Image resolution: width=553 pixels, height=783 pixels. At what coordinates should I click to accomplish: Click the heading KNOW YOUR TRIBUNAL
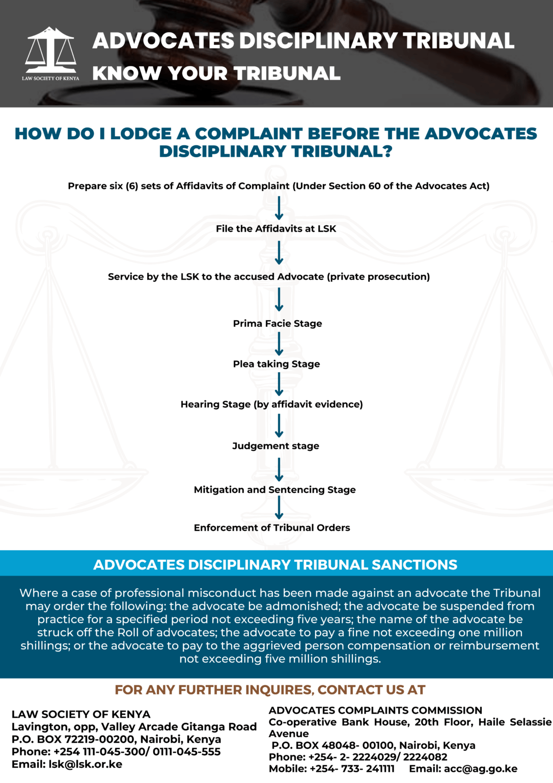(x=216, y=73)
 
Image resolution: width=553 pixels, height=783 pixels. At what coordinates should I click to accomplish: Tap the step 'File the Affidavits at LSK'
(x=276, y=229)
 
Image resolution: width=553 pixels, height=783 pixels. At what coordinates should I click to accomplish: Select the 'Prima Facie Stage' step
(x=278, y=324)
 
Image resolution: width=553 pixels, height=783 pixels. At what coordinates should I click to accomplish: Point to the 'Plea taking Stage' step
(x=276, y=364)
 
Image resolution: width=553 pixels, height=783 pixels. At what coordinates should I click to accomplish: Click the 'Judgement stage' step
(x=275, y=446)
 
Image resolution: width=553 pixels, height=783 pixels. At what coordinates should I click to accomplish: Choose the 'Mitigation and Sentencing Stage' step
(x=274, y=490)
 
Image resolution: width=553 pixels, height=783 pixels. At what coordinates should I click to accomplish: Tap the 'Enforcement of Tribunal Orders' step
(x=272, y=528)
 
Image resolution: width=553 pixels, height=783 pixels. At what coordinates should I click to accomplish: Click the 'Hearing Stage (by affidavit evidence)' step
(x=271, y=405)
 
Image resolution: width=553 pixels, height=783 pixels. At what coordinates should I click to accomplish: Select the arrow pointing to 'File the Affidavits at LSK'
(x=279, y=208)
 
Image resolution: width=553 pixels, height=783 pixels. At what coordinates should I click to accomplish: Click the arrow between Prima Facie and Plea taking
(x=279, y=344)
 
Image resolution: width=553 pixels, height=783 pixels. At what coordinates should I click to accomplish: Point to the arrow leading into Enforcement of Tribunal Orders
(x=279, y=508)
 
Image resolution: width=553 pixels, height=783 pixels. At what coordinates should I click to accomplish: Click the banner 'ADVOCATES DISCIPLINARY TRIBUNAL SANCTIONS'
(x=275, y=565)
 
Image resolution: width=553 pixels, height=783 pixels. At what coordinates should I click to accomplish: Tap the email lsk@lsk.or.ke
(x=85, y=764)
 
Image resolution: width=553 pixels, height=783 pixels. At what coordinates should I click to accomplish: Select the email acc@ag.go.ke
(x=480, y=769)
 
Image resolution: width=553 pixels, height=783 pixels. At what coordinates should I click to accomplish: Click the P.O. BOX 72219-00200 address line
(x=116, y=739)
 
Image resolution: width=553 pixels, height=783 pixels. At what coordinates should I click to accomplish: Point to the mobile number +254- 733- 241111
(x=352, y=769)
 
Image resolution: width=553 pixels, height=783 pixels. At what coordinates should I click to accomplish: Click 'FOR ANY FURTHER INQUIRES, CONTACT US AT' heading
(x=270, y=690)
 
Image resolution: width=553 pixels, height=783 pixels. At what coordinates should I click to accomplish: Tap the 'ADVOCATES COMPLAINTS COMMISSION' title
(x=375, y=711)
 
